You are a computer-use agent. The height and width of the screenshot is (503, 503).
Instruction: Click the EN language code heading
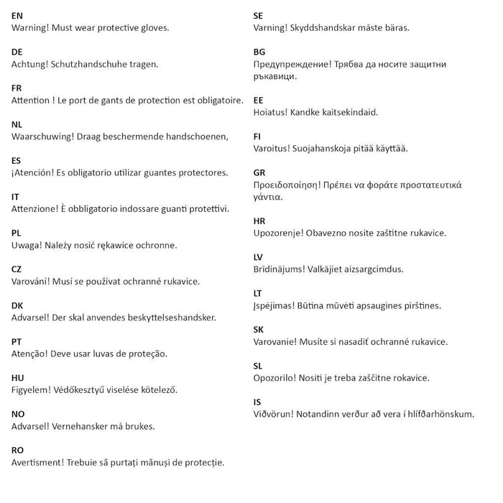coord(17,15)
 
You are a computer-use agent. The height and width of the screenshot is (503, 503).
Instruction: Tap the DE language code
coord(17,51)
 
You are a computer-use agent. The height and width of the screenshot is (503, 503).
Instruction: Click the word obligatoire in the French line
coord(217,100)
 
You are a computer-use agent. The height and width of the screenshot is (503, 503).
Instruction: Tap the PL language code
coord(17,232)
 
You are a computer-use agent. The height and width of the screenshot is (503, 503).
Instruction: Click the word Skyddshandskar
coord(325,28)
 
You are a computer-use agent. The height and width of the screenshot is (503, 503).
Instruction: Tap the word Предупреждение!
coord(292,64)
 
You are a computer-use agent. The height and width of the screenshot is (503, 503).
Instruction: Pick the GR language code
coord(260,172)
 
